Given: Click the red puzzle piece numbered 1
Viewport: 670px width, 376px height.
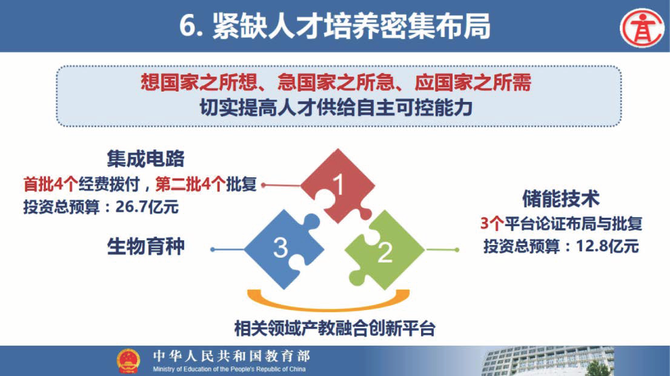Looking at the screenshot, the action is coord(337,185).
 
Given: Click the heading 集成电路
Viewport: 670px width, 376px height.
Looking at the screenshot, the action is coord(146,159).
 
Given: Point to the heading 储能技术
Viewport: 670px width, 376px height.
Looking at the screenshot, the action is coord(561,198).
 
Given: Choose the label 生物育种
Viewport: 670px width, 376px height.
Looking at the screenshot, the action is coord(146,246).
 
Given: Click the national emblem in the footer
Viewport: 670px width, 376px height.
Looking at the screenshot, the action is coord(128,360).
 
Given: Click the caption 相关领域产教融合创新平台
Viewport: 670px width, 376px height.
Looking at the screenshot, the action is coord(334,329).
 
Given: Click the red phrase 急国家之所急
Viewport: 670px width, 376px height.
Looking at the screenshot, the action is coord(335,82).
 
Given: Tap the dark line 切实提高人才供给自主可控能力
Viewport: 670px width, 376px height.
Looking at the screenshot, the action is coord(336,108).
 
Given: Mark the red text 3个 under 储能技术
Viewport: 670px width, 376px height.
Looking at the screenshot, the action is coord(492,223).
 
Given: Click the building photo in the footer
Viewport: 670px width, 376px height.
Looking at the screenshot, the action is coord(548,361).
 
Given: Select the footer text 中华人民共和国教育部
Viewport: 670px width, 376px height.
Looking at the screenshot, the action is coord(231,355).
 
